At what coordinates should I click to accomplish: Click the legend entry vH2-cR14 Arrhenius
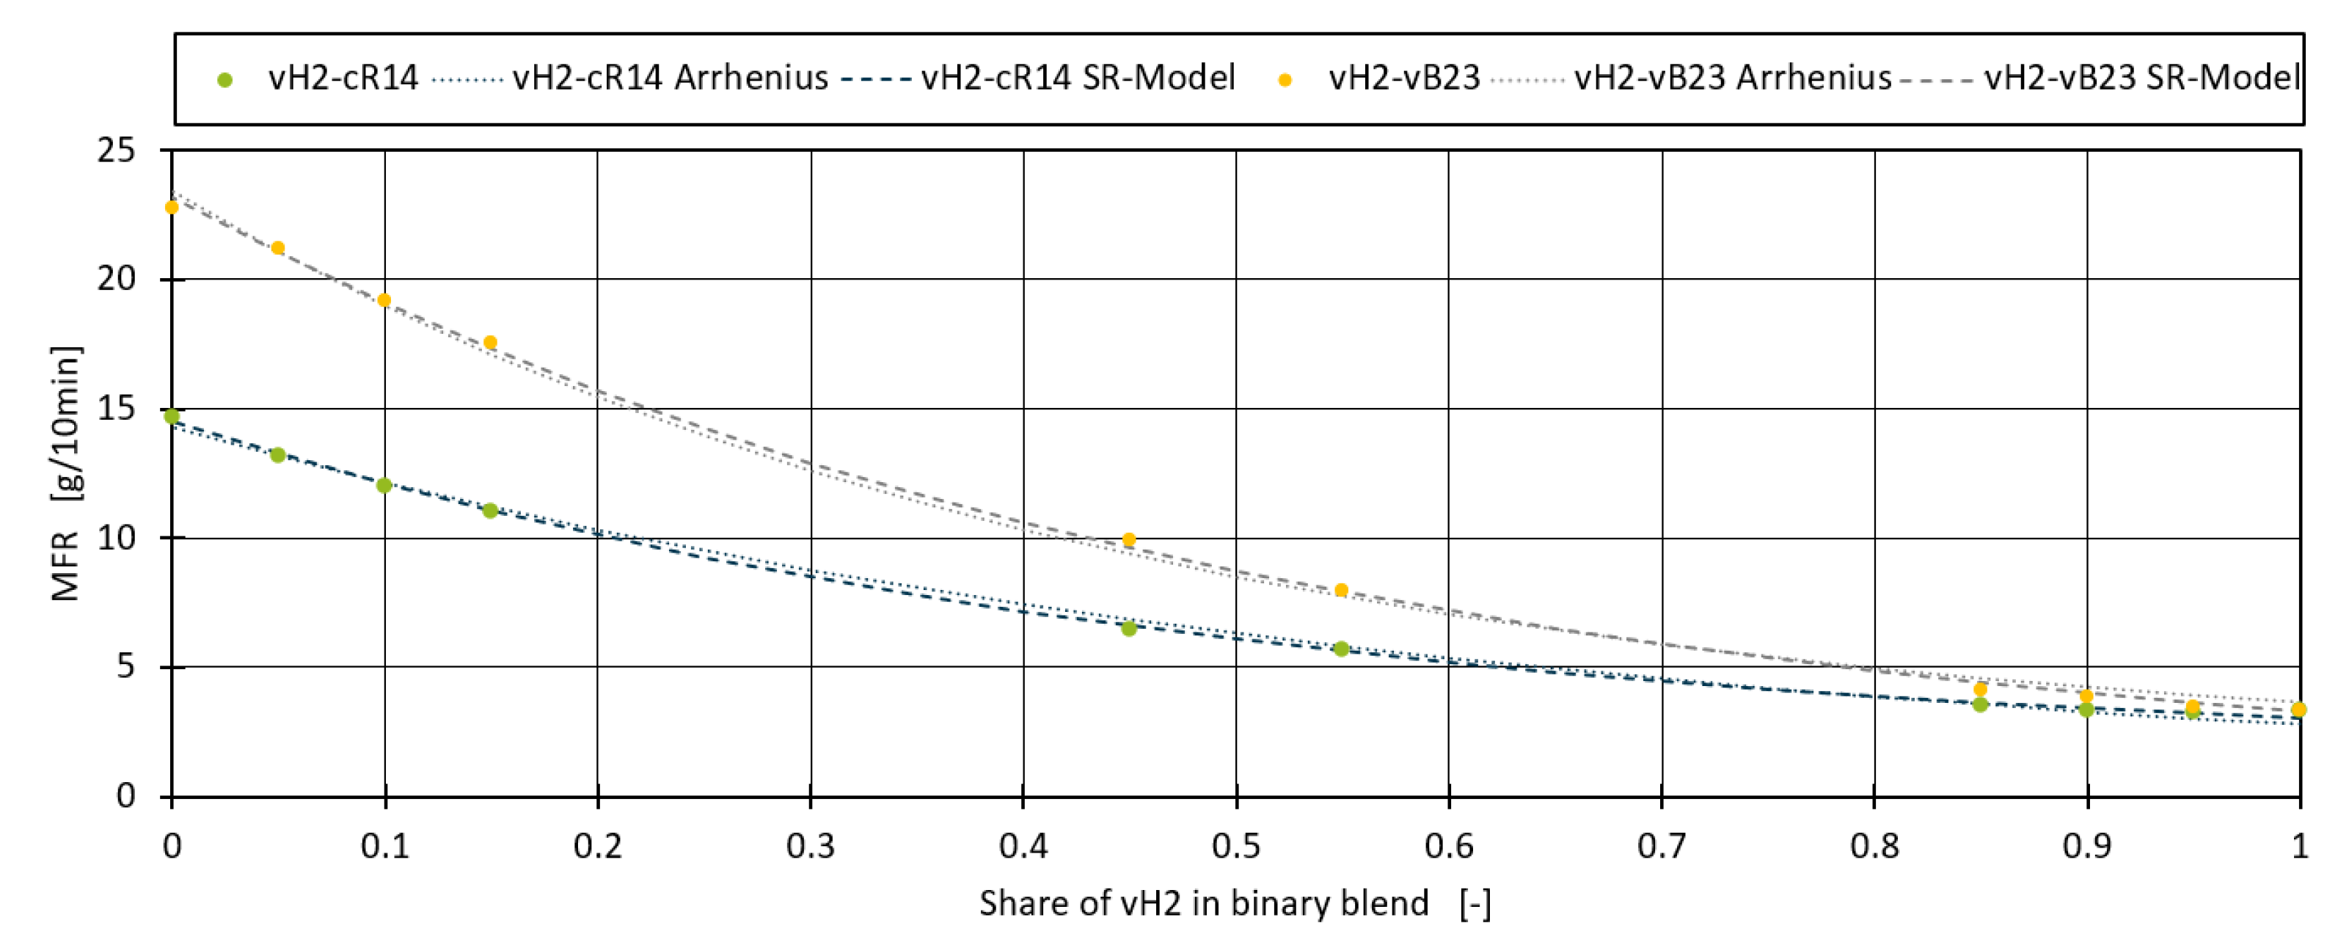tap(671, 79)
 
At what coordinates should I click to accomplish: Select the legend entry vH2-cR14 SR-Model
tap(1078, 79)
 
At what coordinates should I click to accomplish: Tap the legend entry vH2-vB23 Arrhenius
tap(1733, 79)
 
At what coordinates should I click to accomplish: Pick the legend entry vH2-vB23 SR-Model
tap(2141, 79)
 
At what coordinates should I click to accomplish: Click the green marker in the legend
tap(225, 80)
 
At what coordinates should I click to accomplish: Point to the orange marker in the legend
tap(1285, 80)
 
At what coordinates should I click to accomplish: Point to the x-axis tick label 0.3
tap(811, 847)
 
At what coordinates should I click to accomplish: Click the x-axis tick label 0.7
tap(1662, 847)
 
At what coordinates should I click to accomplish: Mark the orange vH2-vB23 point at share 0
tap(172, 207)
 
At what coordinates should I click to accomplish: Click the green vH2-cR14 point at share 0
tap(172, 417)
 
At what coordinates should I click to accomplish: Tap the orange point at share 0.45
tap(1129, 540)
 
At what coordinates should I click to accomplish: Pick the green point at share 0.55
tap(1341, 649)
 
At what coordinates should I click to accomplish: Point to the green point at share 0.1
tap(384, 486)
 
